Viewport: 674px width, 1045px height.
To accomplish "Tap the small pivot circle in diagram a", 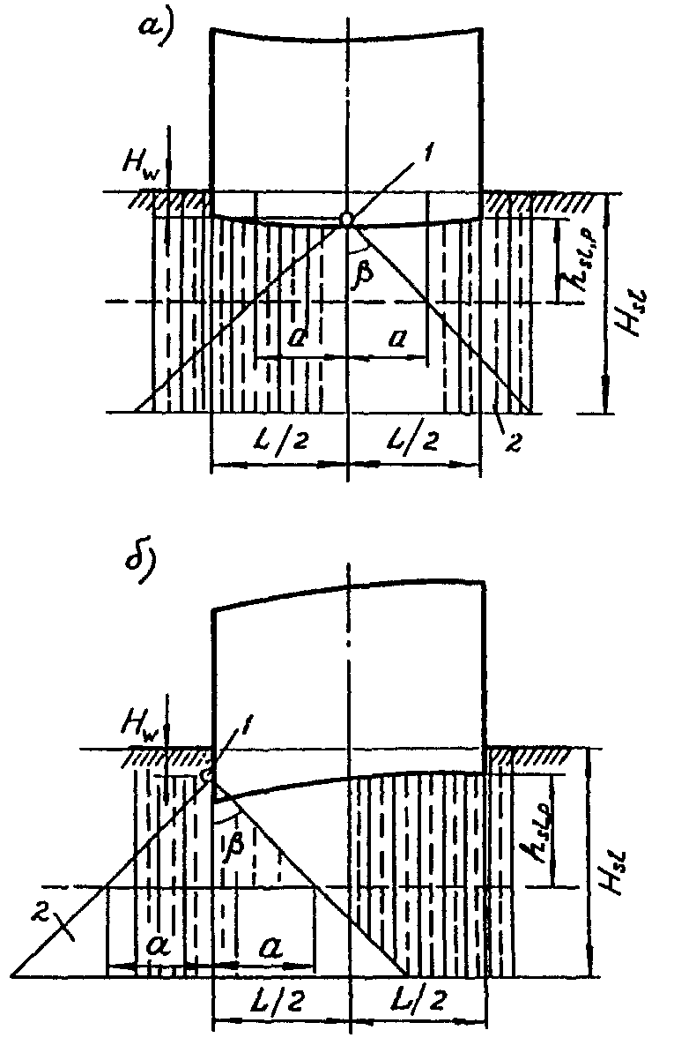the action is [x=348, y=219].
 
